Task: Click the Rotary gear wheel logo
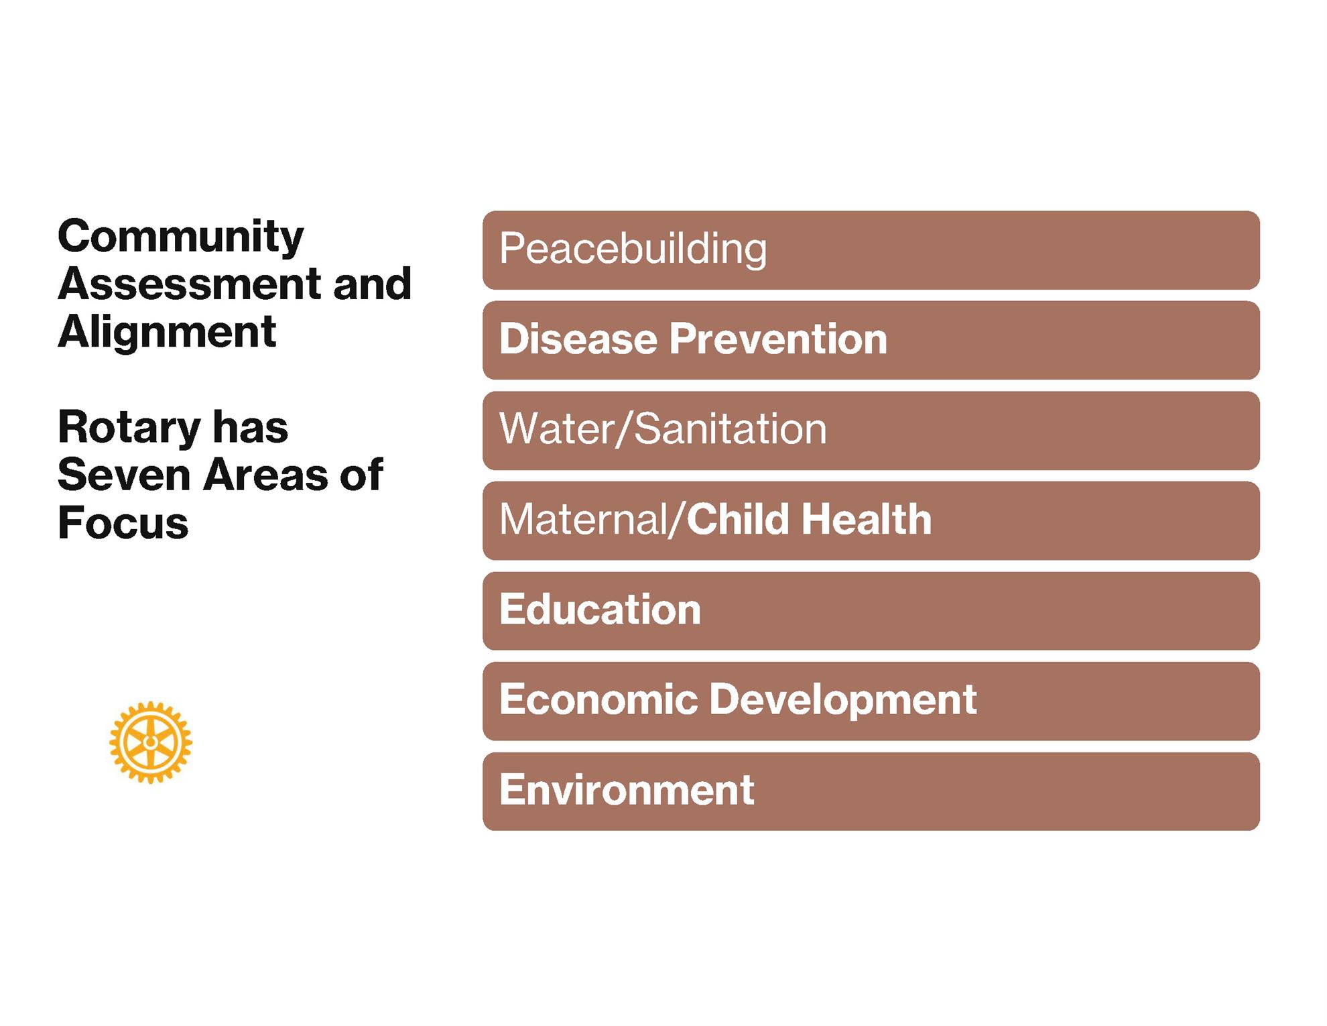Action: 151,742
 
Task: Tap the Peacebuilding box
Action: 871,250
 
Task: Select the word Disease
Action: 578,339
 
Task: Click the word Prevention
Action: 778,339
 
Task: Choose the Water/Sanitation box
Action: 871,431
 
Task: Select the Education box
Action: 871,611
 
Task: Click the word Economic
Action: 599,699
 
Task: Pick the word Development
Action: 843,700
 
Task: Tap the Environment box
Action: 871,791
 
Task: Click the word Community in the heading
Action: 181,238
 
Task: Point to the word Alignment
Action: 167,333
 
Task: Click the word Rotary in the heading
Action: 129,429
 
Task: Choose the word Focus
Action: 123,522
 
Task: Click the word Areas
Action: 265,475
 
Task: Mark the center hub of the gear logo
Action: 151,742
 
